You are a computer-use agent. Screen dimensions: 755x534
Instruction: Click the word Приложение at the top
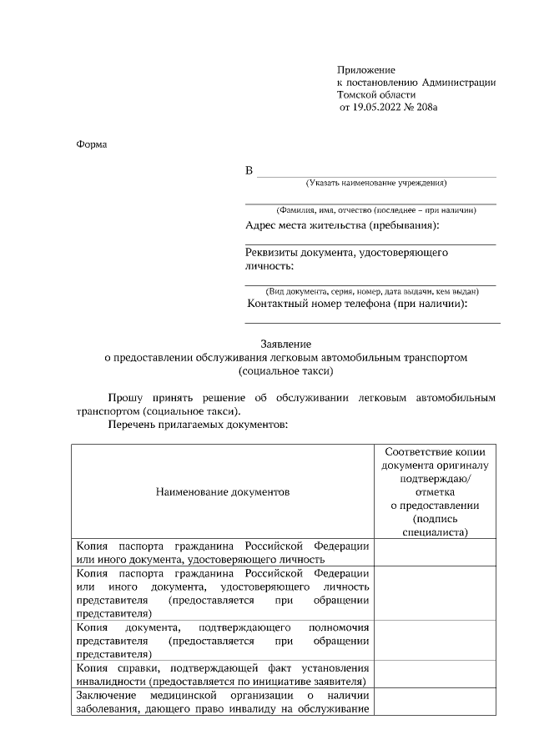(366, 69)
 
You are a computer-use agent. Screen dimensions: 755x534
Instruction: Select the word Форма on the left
(92, 143)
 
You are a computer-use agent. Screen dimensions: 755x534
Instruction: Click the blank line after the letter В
(375, 173)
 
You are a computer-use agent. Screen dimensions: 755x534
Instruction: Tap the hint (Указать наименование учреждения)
(376, 183)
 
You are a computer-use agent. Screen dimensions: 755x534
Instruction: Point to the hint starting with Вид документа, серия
(371, 291)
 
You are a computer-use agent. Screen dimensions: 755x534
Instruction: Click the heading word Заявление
(285, 344)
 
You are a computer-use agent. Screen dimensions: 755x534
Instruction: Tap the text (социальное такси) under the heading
(285, 370)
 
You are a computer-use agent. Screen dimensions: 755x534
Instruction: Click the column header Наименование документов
(223, 492)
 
